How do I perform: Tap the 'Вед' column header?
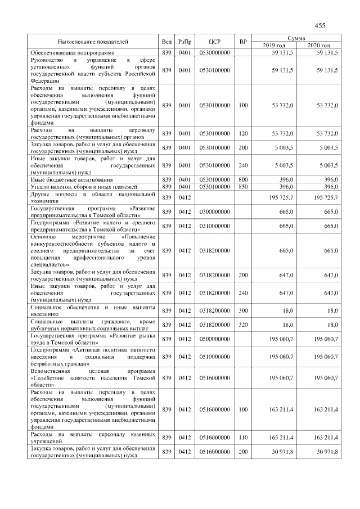tap(166, 42)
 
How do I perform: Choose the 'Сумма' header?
tap(296, 37)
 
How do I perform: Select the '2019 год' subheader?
tap(274, 46)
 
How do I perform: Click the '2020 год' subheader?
tap(318, 46)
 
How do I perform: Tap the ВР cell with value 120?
tap(243, 133)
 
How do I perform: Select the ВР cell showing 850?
tap(243, 186)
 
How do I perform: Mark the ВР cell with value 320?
tap(243, 325)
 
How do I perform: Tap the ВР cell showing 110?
tap(243, 437)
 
